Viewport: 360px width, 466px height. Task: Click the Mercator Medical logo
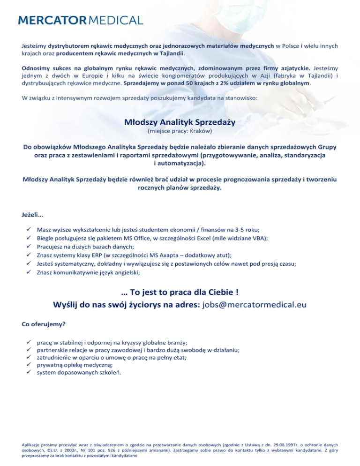tap(80, 20)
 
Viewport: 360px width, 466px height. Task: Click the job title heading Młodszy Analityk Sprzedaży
tap(180, 122)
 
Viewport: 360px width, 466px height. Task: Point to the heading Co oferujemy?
tap(44, 324)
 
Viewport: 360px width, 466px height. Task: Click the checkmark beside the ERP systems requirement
tap(29, 255)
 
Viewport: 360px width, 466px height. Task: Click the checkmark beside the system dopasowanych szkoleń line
tap(29, 373)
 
